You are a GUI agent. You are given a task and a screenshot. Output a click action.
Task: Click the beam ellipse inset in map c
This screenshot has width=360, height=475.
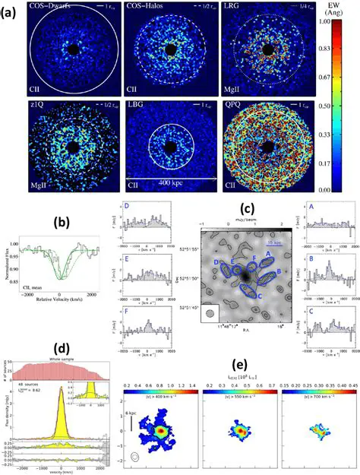click(x=209, y=310)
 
